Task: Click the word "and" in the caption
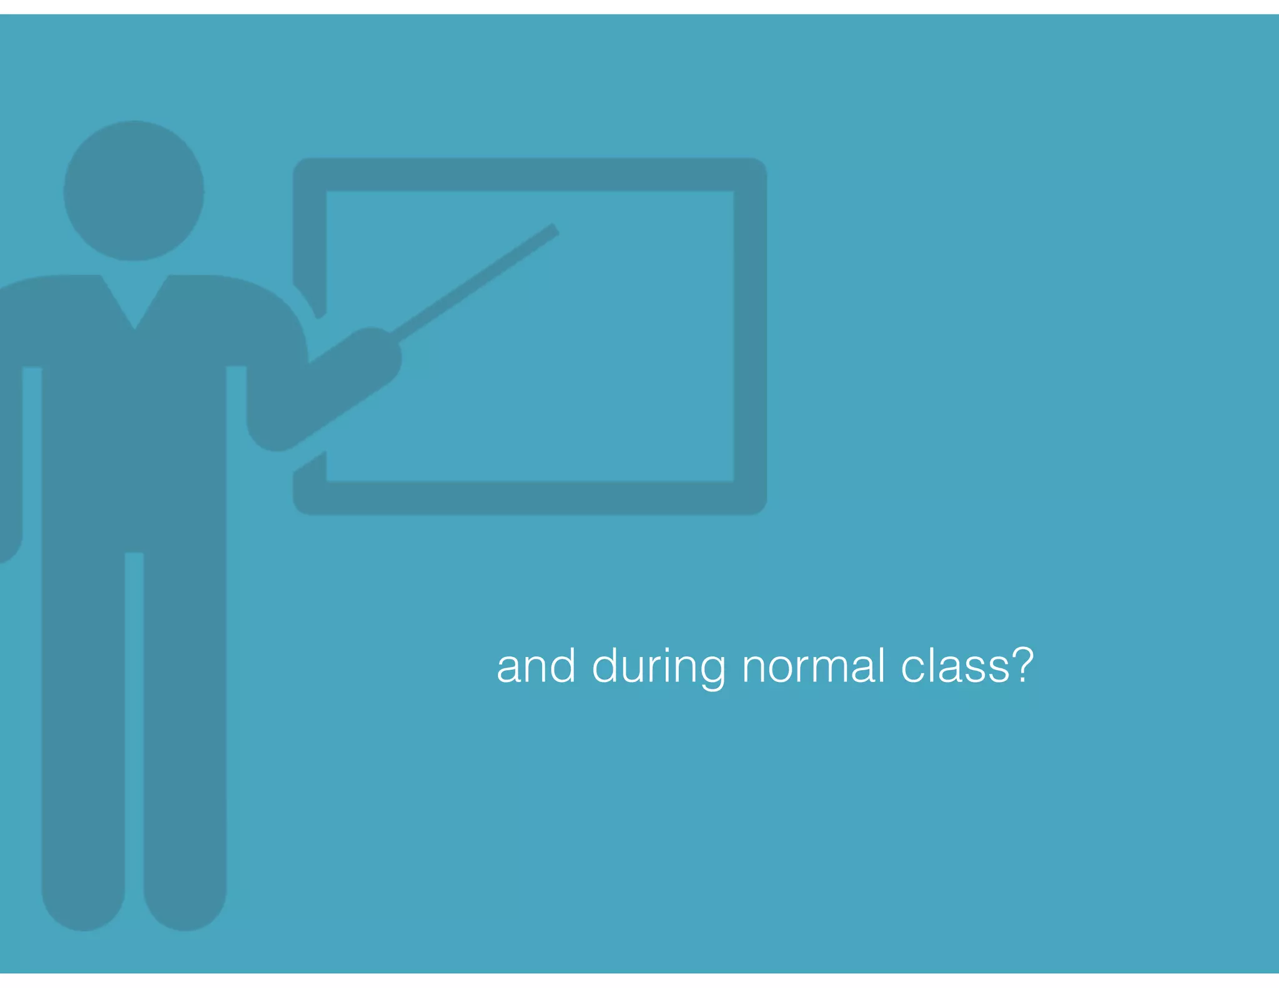pyautogui.click(x=536, y=667)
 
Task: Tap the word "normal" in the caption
pyautogui.click(x=814, y=667)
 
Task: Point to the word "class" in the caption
pyautogui.click(x=955, y=667)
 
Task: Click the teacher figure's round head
pyautogui.click(x=134, y=190)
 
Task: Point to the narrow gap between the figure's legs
pyautogui.click(x=134, y=687)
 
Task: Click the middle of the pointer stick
pyautogui.click(x=475, y=282)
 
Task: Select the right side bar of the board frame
pyautogui.click(x=750, y=337)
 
